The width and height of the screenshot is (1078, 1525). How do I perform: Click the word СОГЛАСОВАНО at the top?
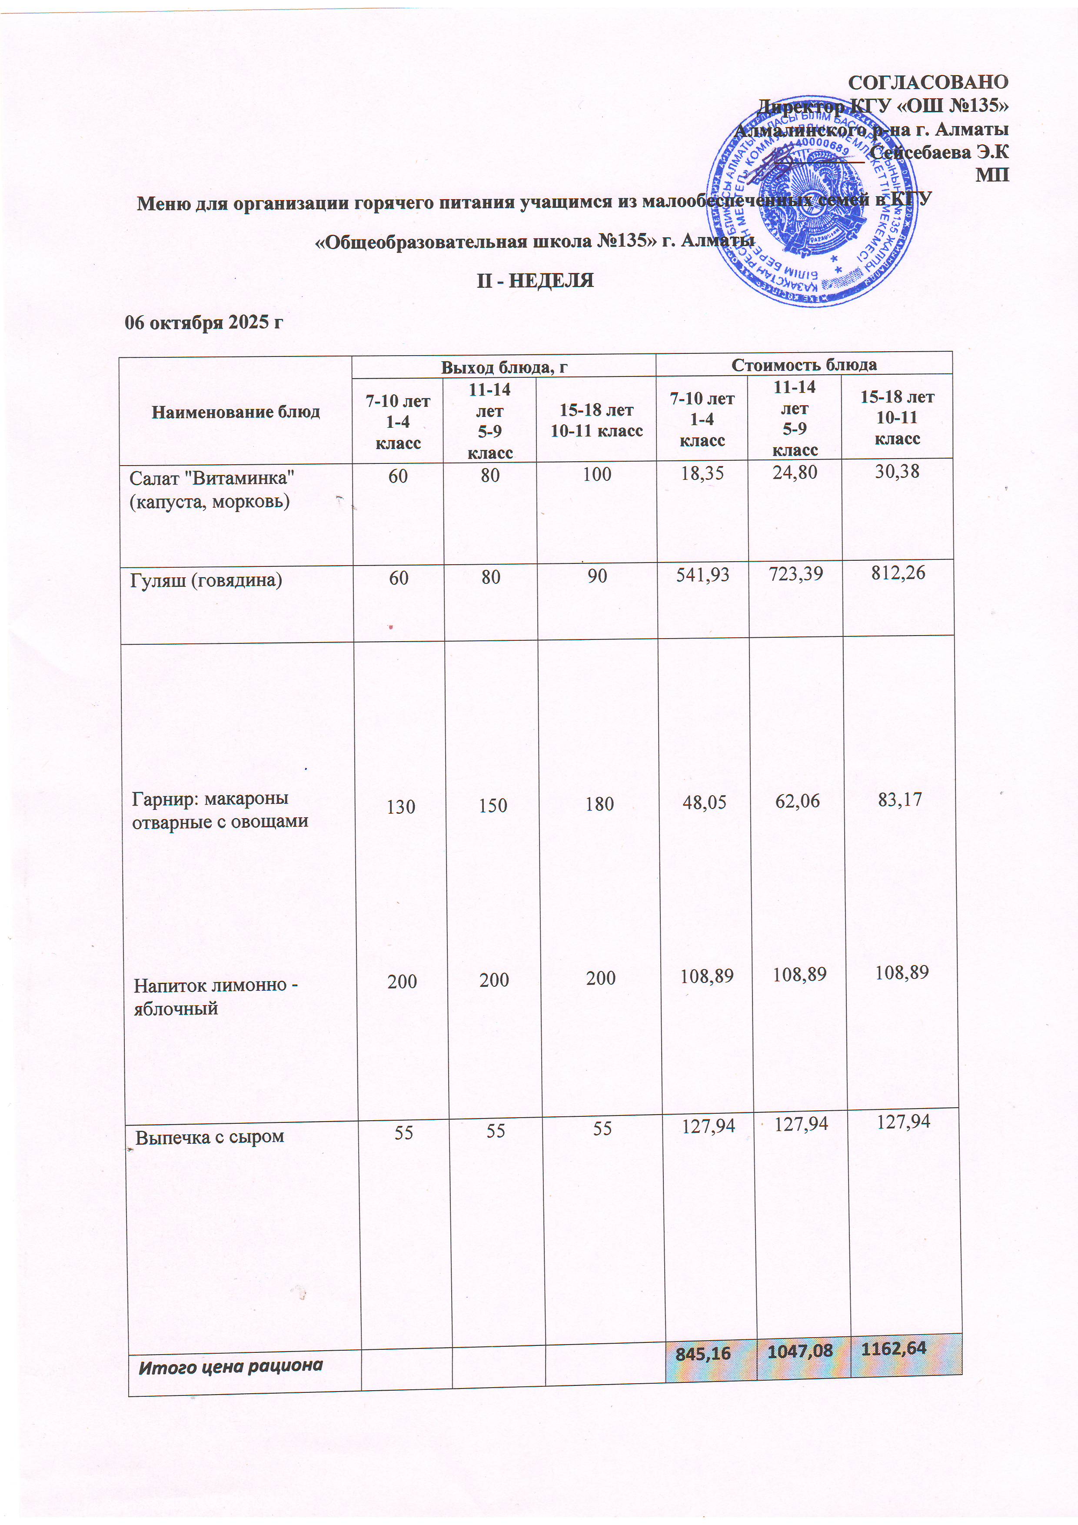point(928,82)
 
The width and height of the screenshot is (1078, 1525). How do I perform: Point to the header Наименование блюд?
point(236,412)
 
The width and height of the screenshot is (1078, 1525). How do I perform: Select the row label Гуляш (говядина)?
point(206,580)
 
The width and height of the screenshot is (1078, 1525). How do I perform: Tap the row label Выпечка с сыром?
point(210,1136)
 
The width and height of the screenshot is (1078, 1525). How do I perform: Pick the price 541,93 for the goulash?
point(703,575)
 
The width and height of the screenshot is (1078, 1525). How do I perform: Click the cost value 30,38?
point(897,472)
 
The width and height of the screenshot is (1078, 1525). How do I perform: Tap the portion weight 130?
point(400,807)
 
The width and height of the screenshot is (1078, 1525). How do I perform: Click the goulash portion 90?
point(597,576)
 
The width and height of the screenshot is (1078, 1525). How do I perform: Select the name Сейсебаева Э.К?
point(938,152)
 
